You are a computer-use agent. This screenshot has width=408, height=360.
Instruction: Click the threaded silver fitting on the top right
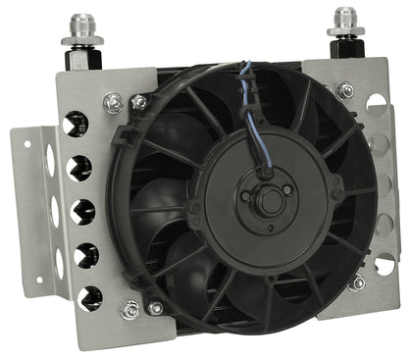pyautogui.click(x=344, y=21)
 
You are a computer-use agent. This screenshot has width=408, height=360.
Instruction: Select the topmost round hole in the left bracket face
pyautogui.click(x=74, y=124)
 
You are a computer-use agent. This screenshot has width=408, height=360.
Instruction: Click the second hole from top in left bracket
pyautogui.click(x=77, y=168)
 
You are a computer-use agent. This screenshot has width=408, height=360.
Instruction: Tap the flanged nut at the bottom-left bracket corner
pyautogui.click(x=128, y=311)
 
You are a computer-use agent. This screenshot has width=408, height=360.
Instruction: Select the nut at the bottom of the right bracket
pyautogui.click(x=358, y=282)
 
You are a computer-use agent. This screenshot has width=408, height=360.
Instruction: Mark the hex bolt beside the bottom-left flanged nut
pyautogui.click(x=153, y=308)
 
